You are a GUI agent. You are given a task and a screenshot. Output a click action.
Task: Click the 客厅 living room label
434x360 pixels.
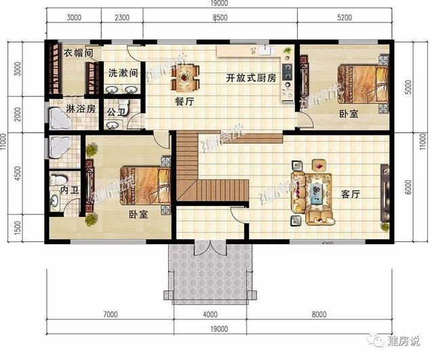click(350, 194)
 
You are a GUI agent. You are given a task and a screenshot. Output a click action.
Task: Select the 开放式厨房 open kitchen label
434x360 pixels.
click(251, 79)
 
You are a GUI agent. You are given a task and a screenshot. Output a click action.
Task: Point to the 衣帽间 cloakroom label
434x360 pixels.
click(78, 52)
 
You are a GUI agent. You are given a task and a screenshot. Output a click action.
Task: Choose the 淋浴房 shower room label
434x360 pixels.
click(80, 108)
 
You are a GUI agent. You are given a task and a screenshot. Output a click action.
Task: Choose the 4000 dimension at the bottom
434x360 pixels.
click(210, 314)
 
